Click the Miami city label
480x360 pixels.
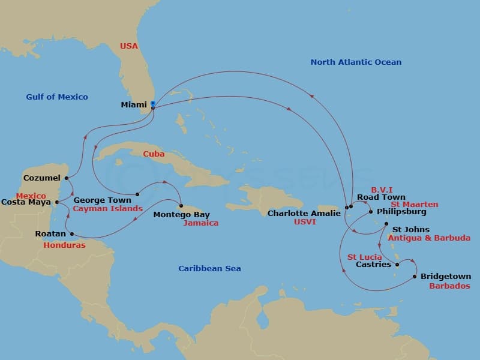pos(134,104)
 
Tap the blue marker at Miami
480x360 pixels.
pos(152,104)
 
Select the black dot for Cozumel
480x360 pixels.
pos(66,178)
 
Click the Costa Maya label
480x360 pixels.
pos(26,202)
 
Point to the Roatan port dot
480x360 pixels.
pos(72,234)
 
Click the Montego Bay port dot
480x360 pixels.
pos(181,206)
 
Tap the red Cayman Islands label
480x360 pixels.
pos(107,209)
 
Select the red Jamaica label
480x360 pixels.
pos(201,223)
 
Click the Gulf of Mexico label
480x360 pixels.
pos(57,97)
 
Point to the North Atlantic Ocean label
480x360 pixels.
pos(356,62)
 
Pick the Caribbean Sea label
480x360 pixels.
pos(209,269)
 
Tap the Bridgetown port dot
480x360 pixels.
pos(415,277)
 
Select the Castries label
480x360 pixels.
pos(373,265)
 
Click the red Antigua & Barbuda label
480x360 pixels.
pos(429,238)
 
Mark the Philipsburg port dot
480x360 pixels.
pos(371,212)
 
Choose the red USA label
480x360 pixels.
pos(128,46)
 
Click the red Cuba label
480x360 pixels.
pos(154,154)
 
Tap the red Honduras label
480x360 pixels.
pos(64,245)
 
